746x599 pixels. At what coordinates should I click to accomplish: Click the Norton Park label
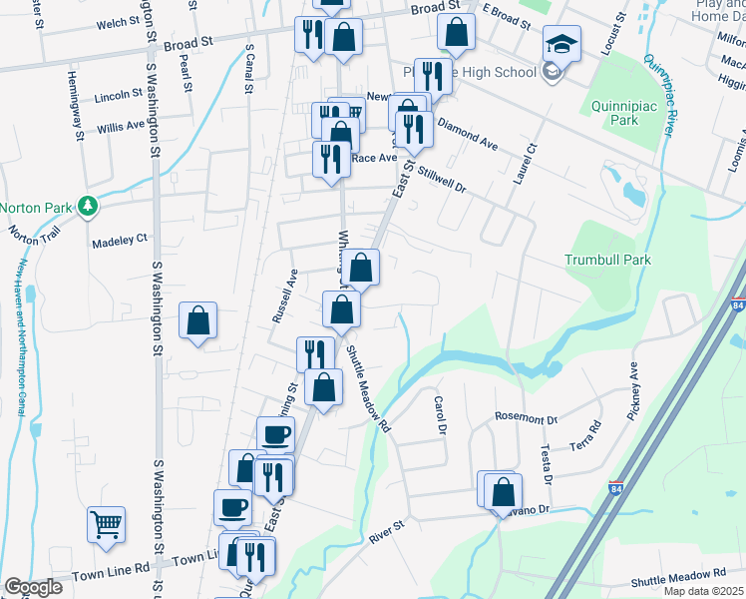(36, 208)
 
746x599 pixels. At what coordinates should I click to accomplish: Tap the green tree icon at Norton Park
(88, 207)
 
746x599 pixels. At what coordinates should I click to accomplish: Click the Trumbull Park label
(607, 260)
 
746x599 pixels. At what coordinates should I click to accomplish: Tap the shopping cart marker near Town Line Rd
(107, 523)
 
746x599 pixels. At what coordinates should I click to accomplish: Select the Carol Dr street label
(439, 414)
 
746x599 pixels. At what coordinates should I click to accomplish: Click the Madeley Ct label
(120, 240)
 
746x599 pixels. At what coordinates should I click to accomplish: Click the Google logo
(32, 587)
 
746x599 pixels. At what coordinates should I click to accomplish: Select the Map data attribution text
(703, 591)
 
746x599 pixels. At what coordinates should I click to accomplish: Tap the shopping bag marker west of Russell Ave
(198, 321)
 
